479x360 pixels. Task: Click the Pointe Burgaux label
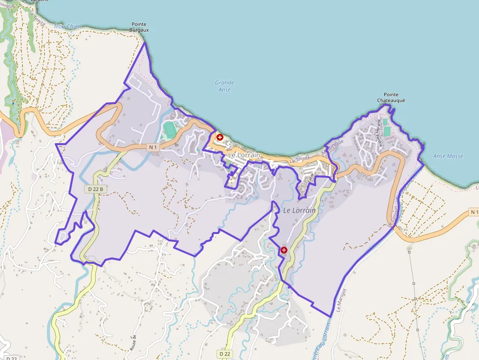(x=139, y=27)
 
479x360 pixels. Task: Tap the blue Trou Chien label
(x=67, y=25)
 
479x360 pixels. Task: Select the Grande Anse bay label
(x=224, y=86)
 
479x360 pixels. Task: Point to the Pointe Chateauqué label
(x=391, y=97)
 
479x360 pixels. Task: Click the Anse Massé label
(x=448, y=156)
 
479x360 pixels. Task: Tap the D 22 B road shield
(x=95, y=189)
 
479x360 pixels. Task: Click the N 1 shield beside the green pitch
(x=153, y=147)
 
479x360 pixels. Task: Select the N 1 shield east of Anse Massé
(x=473, y=212)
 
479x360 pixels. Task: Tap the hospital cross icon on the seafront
(x=220, y=137)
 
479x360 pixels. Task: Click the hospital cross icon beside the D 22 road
(x=283, y=250)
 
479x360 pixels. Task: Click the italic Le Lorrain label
(x=299, y=210)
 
